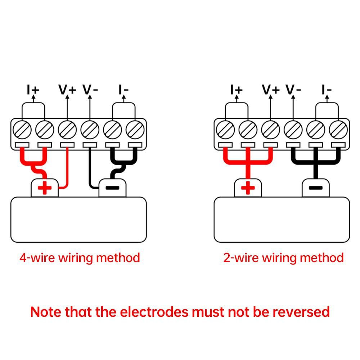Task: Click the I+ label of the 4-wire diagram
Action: (x=33, y=90)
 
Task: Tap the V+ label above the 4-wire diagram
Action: (x=67, y=90)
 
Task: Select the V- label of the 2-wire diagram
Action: (x=293, y=90)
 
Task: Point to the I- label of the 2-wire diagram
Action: (x=327, y=90)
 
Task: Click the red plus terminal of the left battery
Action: (x=45, y=188)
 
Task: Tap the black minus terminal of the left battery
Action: (x=112, y=188)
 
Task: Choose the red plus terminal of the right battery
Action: (x=248, y=188)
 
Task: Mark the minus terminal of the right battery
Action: (x=316, y=188)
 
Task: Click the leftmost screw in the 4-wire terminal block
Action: (x=22, y=130)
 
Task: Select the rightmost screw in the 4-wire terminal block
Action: (x=135, y=130)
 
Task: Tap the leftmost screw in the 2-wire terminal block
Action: (x=225, y=130)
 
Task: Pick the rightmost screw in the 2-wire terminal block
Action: (x=338, y=130)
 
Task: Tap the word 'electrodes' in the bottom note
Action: (x=154, y=312)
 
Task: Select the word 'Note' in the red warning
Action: (x=46, y=312)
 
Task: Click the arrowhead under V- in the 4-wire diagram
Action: (x=90, y=97)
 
